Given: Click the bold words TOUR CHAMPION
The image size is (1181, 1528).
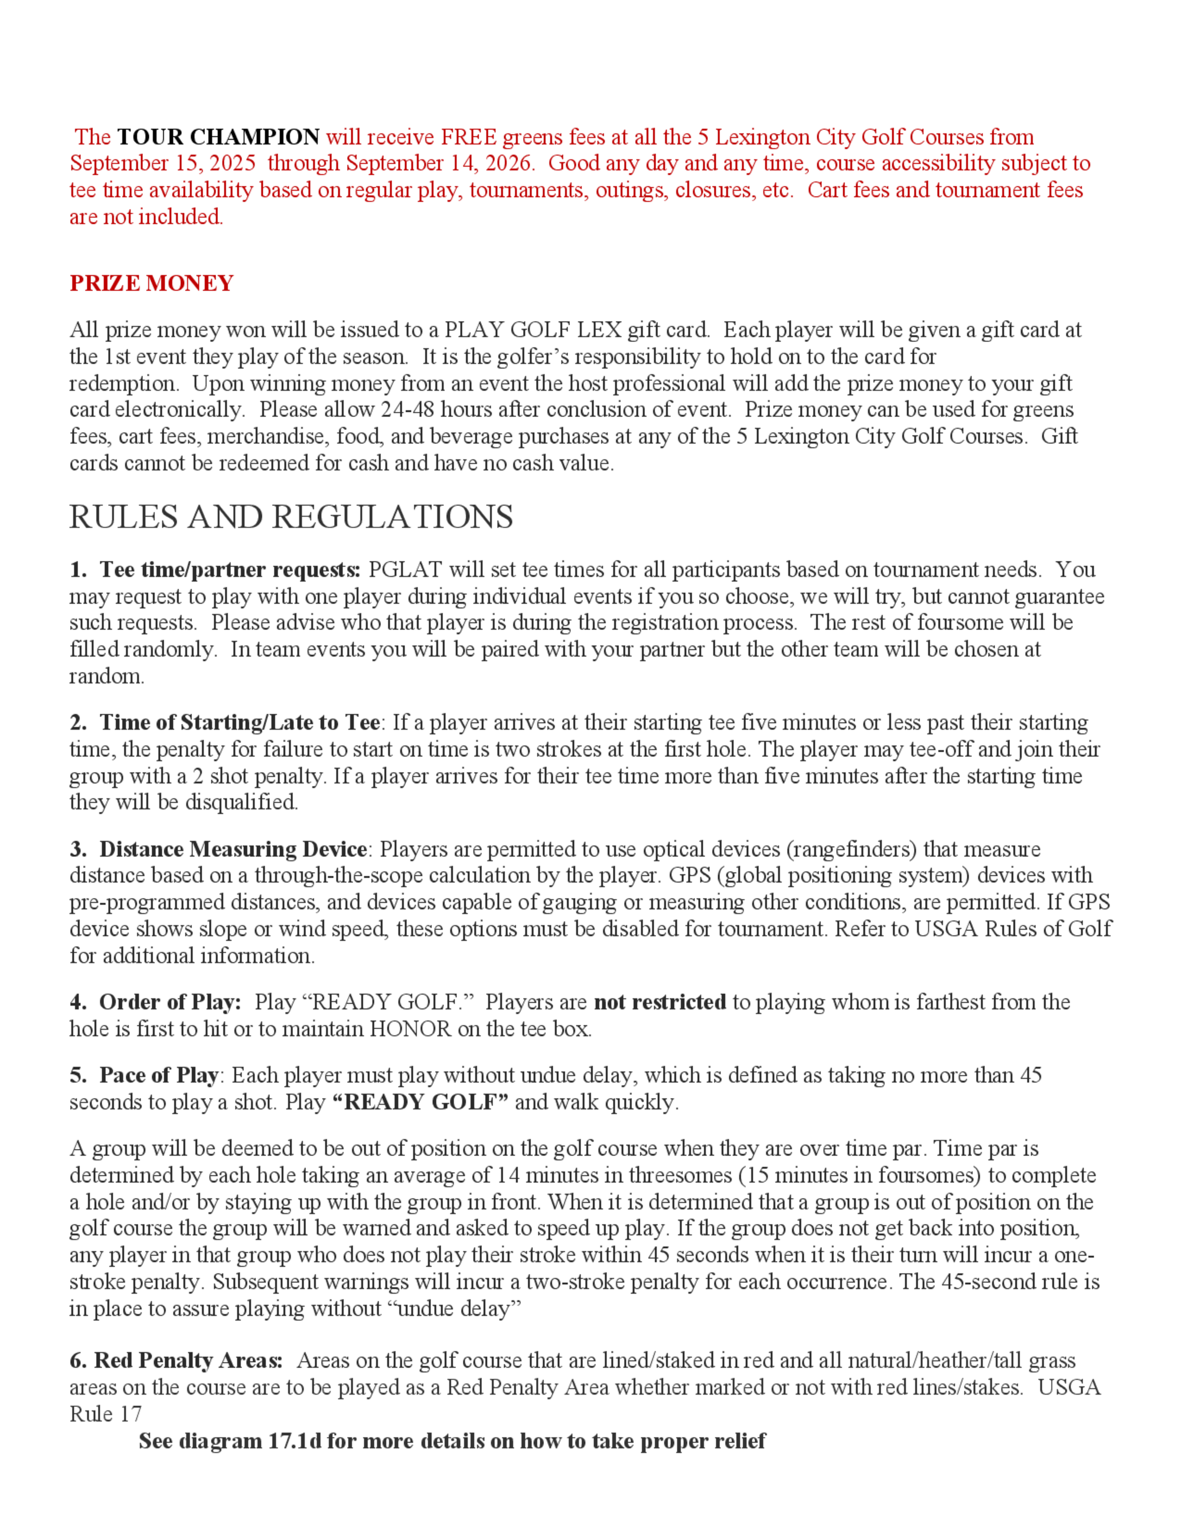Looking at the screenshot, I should point(218,136).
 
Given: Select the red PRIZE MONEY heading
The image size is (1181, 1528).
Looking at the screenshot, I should point(151,283).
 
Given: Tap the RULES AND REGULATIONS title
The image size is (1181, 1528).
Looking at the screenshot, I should point(291,518).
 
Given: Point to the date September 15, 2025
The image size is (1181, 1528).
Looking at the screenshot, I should point(162,163).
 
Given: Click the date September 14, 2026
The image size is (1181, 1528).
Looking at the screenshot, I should point(439,163).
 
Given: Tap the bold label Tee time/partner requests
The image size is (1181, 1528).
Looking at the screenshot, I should point(230,570).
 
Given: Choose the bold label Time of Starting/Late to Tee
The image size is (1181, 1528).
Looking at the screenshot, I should point(239,722).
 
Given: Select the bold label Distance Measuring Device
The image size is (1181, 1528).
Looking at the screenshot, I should point(233,850).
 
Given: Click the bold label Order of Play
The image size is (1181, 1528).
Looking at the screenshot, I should point(169,1002).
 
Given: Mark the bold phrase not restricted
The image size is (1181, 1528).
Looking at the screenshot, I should point(660,1002).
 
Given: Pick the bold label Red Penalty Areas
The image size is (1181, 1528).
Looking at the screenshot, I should point(188,1360).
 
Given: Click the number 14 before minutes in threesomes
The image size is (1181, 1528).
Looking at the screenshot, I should point(508,1175).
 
